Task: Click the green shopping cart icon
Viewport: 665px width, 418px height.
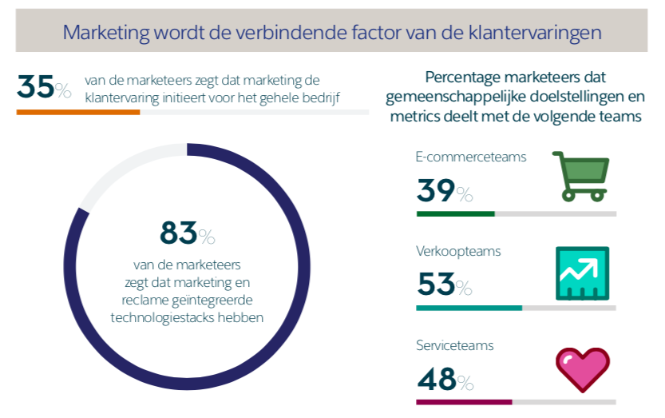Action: click(580, 175)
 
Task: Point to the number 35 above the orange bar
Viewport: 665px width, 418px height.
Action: click(36, 87)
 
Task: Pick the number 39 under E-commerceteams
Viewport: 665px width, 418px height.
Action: click(436, 191)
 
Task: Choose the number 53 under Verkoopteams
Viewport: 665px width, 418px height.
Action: click(436, 284)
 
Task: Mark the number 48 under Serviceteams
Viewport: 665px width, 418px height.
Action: click(436, 378)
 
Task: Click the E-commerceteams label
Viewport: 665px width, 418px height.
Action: click(471, 157)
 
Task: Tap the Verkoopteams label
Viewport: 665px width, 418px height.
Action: click(458, 251)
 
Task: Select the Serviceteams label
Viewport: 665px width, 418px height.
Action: click(455, 346)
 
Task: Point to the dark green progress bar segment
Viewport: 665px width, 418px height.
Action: click(455, 214)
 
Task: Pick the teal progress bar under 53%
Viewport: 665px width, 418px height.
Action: click(469, 308)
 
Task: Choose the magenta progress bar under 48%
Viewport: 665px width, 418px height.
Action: click(464, 402)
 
